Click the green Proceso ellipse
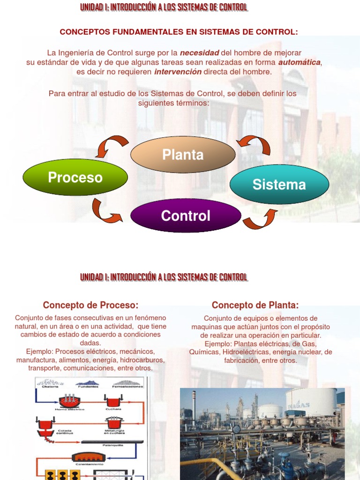[x=75, y=177]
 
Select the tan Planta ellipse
[x=183, y=155]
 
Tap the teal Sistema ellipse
[x=279, y=184]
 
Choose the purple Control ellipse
[x=186, y=216]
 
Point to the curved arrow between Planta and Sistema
[x=255, y=144]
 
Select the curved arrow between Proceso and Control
[x=106, y=211]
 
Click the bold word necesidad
[x=200, y=53]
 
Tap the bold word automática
[x=300, y=62]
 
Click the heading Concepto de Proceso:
[x=90, y=305]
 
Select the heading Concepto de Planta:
[x=255, y=305]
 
